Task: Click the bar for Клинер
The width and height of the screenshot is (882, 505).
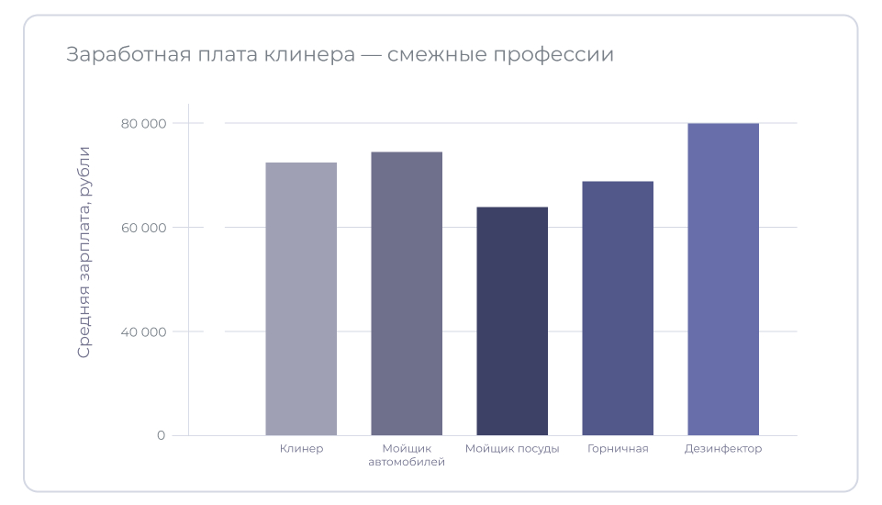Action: [301, 298]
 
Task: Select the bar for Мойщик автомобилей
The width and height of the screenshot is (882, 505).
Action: [407, 293]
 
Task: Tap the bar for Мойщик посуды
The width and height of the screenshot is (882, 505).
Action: [512, 320]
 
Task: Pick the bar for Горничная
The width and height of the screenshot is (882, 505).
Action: [618, 308]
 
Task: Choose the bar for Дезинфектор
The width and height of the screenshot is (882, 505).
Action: [723, 279]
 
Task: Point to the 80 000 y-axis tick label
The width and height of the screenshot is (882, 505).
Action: [143, 123]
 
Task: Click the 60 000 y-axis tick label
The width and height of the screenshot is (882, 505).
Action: [143, 228]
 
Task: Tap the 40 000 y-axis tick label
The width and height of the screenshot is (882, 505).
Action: [143, 331]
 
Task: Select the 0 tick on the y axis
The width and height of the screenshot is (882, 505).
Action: [161, 435]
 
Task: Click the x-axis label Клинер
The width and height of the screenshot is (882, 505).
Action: [301, 449]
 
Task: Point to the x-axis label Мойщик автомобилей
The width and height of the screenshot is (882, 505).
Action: [407, 455]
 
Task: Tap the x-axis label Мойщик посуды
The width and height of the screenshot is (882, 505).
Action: [512, 449]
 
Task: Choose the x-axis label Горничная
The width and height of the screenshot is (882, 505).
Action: [618, 449]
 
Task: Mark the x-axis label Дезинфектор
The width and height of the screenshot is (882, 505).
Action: [723, 449]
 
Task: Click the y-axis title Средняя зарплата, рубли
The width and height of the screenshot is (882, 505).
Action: [84, 252]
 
